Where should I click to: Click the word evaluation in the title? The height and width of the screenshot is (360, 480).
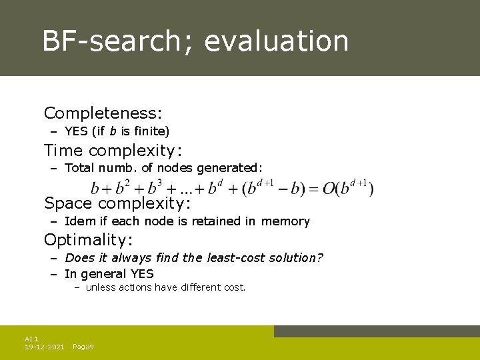click(x=276, y=41)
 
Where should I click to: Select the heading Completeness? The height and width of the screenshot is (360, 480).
click(x=103, y=114)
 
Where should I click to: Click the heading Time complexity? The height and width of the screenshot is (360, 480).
click(x=113, y=151)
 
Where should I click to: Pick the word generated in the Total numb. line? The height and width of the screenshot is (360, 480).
click(x=230, y=168)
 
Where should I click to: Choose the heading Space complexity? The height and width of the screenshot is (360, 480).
click(x=118, y=203)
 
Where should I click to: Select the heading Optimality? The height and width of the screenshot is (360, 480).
click(x=89, y=239)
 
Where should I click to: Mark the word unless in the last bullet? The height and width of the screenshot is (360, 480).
click(x=101, y=287)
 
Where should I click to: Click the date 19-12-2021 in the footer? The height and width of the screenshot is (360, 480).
click(x=45, y=347)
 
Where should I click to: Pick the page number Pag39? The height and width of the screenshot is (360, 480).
click(x=83, y=347)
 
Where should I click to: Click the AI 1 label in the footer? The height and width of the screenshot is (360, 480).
click(x=31, y=339)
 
